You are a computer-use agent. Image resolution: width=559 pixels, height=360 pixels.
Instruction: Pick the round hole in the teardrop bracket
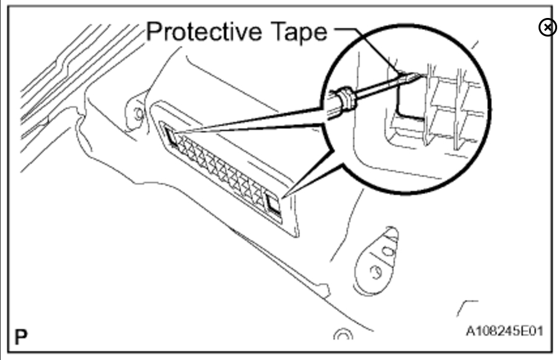pyautogui.click(x=374, y=271)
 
